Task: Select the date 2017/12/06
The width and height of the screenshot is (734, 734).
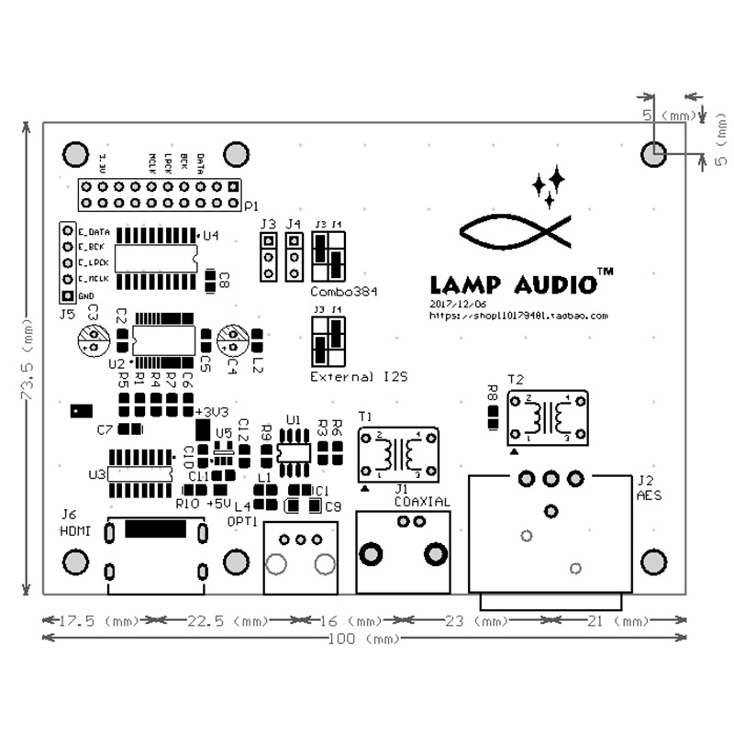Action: (459, 303)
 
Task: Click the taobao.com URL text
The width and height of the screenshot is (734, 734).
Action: (519, 315)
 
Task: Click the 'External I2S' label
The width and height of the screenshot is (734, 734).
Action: (359, 377)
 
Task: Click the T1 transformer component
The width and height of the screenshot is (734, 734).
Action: (396, 453)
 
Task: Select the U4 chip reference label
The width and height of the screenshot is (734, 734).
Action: (211, 236)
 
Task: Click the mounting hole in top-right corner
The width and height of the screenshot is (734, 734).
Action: (653, 153)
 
